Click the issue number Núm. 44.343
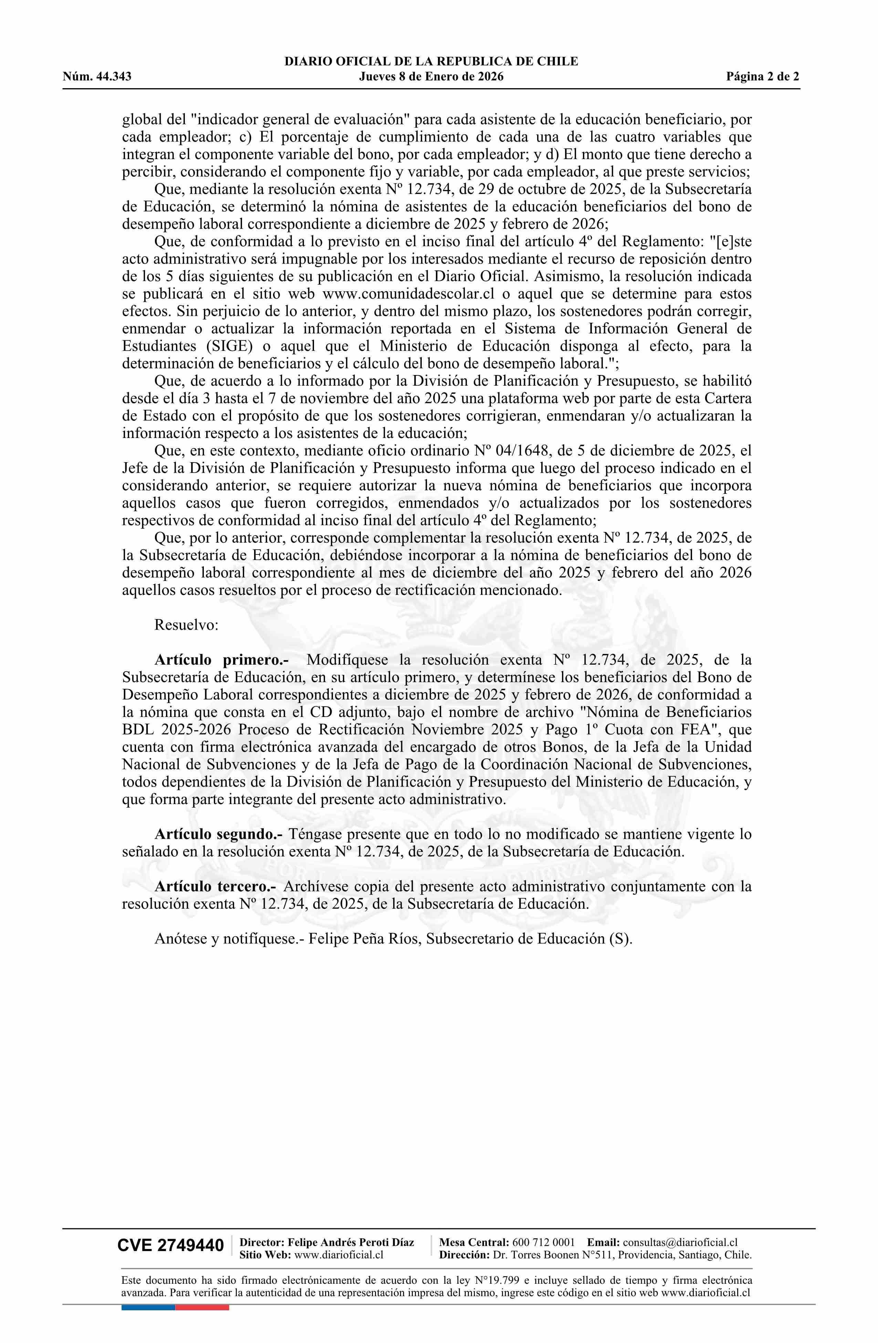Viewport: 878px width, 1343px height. (x=97, y=77)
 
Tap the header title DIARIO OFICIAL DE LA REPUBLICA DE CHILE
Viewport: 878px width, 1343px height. (x=431, y=62)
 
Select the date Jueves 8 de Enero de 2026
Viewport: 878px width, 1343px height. (x=431, y=77)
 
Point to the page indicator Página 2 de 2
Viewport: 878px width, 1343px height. (x=762, y=77)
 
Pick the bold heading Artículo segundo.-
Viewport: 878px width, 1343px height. (x=220, y=834)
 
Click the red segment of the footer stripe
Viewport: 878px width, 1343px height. (x=202, y=1308)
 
